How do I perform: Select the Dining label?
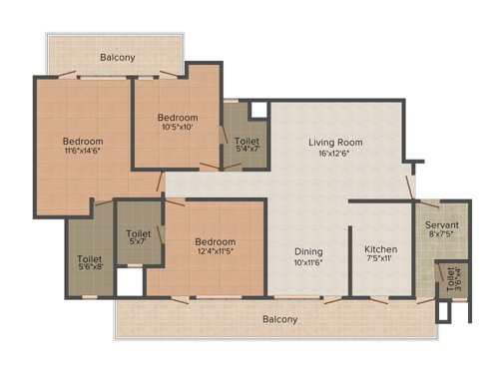307,250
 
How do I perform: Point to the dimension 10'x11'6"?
307,261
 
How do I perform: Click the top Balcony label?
117,58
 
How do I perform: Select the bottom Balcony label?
279,319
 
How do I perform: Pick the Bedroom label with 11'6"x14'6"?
83,141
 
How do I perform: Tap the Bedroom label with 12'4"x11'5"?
215,241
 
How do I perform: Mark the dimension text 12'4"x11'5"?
215,251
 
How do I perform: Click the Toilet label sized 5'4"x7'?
248,142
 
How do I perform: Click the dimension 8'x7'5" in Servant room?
440,235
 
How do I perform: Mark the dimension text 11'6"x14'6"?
83,152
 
